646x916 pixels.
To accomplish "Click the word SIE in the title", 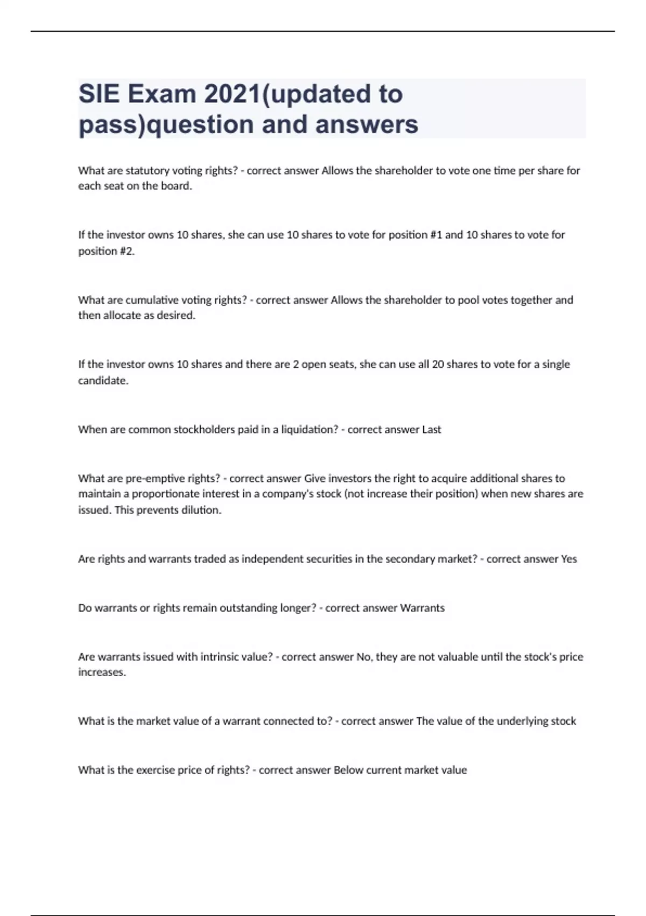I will click(99, 94).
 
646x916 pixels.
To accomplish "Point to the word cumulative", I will click(152, 300).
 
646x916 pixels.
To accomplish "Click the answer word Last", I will click(431, 429).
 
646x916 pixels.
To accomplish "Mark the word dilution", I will click(202, 510).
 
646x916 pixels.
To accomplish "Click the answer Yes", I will click(568, 559).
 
